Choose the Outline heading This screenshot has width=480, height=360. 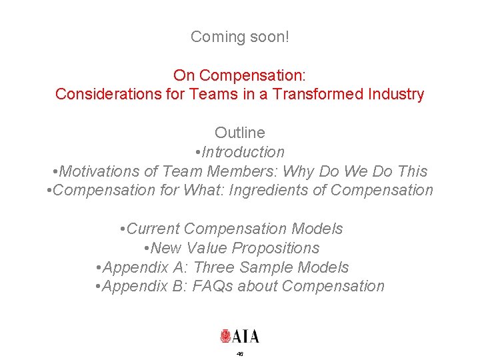240,133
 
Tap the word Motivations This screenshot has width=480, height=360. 98,171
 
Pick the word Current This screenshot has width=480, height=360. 153,229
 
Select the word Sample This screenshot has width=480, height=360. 263,267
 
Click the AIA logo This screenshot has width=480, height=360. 240,335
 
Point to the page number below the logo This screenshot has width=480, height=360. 240,354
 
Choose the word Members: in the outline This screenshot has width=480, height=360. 215,171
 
